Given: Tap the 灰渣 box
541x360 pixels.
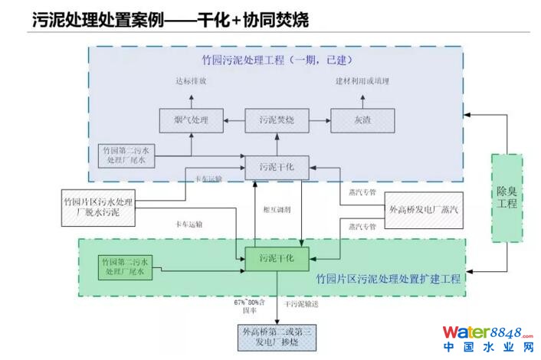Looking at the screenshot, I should pyautogui.click(x=362, y=120).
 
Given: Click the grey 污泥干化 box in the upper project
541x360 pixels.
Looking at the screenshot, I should pyautogui.click(x=276, y=167).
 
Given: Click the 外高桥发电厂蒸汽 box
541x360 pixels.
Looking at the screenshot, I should pyautogui.click(x=423, y=208).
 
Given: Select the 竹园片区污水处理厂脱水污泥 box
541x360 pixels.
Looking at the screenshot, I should pyautogui.click(x=100, y=208).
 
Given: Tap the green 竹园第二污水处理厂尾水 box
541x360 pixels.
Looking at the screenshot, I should pyautogui.click(x=126, y=267).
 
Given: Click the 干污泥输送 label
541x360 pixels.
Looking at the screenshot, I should pyautogui.click(x=300, y=304).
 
